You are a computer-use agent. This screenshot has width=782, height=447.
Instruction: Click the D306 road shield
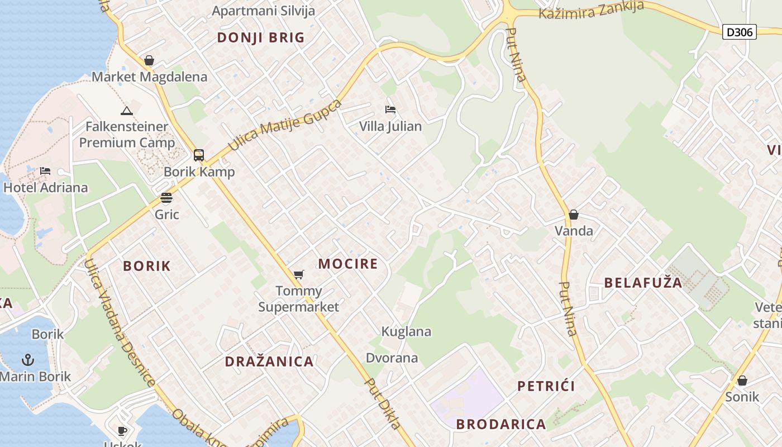click(740, 32)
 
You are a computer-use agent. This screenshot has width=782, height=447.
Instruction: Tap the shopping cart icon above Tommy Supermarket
click(299, 274)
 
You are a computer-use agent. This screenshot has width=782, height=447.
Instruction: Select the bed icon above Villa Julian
click(390, 109)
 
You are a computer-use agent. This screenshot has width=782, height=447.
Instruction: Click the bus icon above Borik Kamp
click(199, 155)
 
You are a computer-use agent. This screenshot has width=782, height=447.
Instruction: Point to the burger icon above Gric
click(166, 197)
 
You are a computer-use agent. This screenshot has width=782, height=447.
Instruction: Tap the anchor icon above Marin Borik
click(28, 359)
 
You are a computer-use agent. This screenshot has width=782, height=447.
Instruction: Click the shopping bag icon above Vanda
click(574, 214)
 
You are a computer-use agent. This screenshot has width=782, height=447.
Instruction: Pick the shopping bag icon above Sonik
click(742, 381)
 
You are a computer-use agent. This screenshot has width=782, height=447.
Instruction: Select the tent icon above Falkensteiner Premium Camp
click(127, 110)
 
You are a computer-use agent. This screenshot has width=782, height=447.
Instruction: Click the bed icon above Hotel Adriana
click(46, 170)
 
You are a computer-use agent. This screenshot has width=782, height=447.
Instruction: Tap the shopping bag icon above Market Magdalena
click(149, 60)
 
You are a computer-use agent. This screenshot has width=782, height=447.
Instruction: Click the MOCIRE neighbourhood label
click(348, 264)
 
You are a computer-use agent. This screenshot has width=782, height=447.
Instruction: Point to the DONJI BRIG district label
click(261, 37)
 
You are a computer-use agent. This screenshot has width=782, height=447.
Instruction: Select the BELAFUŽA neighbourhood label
click(643, 283)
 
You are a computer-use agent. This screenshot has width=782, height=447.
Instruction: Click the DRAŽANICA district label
click(269, 362)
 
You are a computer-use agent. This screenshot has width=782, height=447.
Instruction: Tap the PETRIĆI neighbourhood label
click(546, 386)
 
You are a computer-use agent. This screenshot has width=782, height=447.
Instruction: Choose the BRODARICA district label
click(501, 424)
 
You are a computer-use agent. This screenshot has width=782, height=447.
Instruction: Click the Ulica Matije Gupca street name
click(285, 126)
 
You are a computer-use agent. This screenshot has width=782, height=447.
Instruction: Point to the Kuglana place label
click(406, 331)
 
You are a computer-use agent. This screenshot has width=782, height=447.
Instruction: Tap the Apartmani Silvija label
click(264, 11)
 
